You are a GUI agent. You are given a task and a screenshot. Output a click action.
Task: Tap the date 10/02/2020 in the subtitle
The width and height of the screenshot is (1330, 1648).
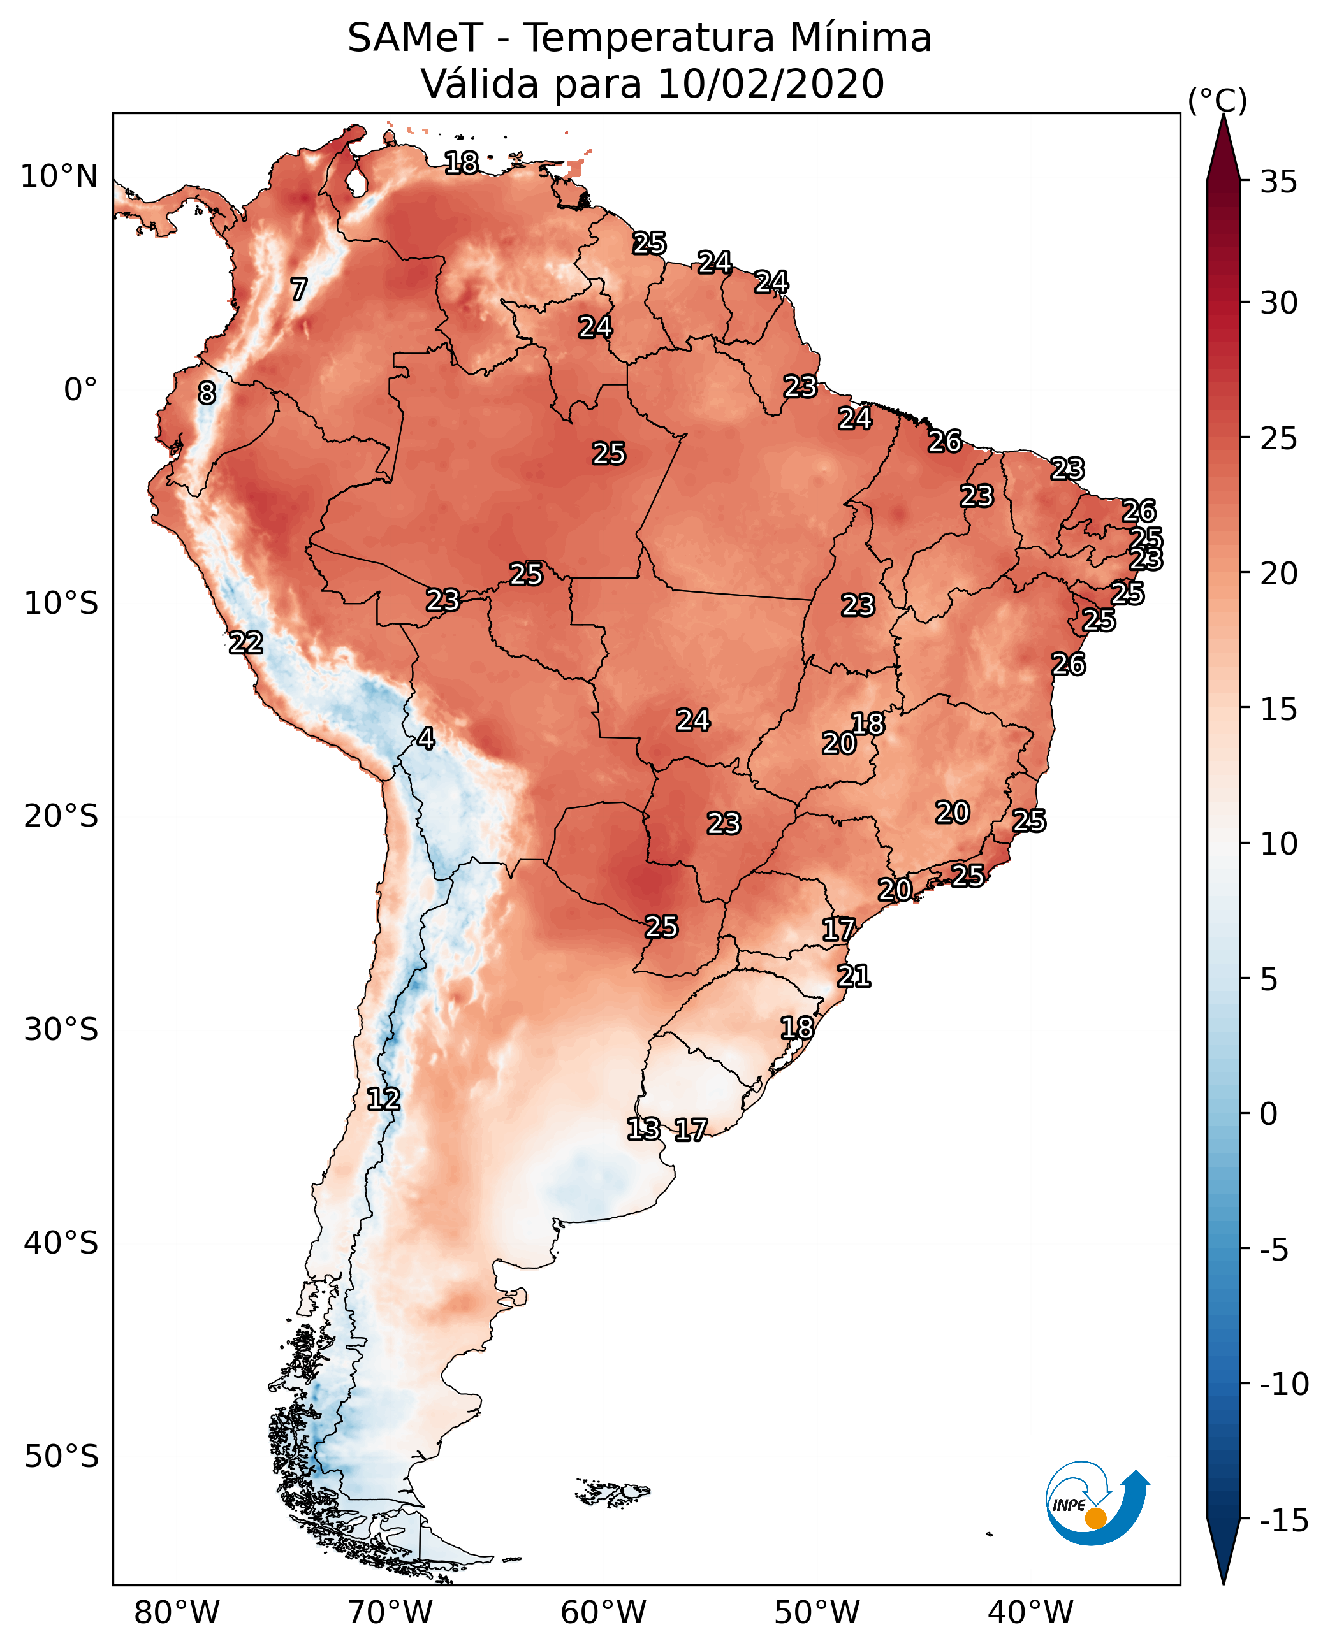click(771, 84)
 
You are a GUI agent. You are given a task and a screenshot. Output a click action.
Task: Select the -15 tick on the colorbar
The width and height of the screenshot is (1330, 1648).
click(1283, 1520)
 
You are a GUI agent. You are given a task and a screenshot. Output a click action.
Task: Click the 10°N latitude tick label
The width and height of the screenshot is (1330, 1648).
click(59, 177)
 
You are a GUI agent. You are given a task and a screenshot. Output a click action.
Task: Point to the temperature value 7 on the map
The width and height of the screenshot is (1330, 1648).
click(299, 289)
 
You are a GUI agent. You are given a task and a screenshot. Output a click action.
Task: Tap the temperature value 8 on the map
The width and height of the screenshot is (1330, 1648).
click(207, 393)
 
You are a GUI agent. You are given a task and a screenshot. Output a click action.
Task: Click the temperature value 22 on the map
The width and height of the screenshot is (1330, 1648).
click(246, 642)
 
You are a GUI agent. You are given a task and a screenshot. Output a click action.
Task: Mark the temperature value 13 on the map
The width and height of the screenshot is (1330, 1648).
click(643, 1129)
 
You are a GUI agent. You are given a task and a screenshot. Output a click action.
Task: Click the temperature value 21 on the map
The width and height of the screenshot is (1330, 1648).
click(854, 976)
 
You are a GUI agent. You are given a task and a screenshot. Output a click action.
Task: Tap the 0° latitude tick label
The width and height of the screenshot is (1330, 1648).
click(80, 390)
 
